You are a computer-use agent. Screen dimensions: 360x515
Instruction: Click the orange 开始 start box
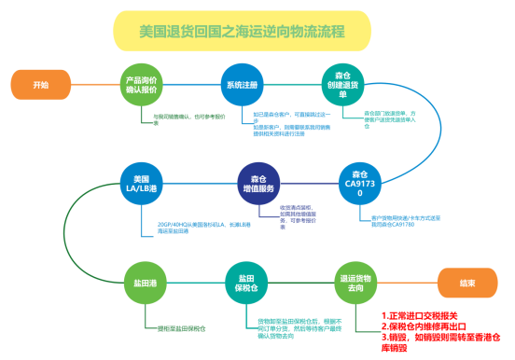(40, 85)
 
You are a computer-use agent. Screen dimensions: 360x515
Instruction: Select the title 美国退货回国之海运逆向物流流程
(242, 31)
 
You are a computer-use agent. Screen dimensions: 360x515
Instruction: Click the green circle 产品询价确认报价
(142, 86)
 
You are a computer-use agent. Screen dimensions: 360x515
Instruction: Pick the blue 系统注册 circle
(243, 85)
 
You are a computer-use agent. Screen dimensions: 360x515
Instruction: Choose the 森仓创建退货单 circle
(342, 86)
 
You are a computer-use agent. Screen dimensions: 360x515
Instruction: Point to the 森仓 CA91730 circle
(360, 184)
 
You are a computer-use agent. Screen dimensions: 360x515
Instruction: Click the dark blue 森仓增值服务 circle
(258, 184)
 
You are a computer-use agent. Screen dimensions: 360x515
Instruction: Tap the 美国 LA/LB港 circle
(142, 184)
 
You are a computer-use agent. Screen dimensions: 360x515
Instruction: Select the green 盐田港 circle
(145, 283)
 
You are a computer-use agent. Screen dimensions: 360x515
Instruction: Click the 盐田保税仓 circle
(246, 283)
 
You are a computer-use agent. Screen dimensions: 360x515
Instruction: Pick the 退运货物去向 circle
(356, 283)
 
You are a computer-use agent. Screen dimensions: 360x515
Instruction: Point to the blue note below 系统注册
(280, 123)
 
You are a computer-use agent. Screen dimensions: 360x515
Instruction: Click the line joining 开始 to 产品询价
(94, 85)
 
